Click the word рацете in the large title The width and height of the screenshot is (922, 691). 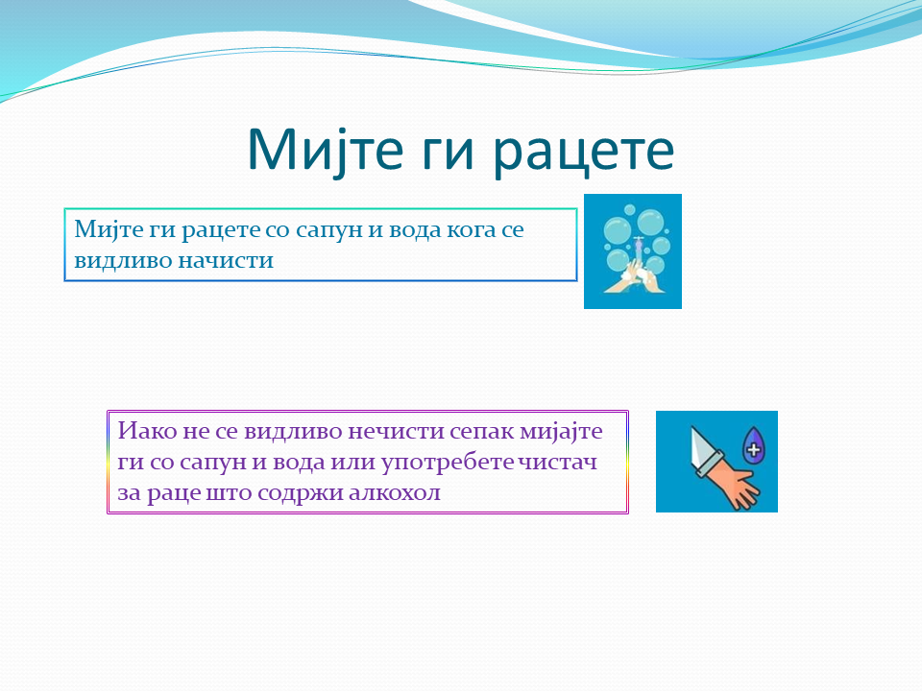tap(583, 151)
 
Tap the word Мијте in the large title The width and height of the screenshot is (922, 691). tap(326, 151)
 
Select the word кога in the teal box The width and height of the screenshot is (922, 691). tap(472, 229)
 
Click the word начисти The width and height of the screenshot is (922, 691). tap(226, 260)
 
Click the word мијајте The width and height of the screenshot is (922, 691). tap(561, 432)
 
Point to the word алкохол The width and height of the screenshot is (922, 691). tap(395, 492)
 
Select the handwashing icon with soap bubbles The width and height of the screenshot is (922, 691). tap(633, 251)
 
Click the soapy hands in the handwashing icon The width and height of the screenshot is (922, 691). tap(635, 278)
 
